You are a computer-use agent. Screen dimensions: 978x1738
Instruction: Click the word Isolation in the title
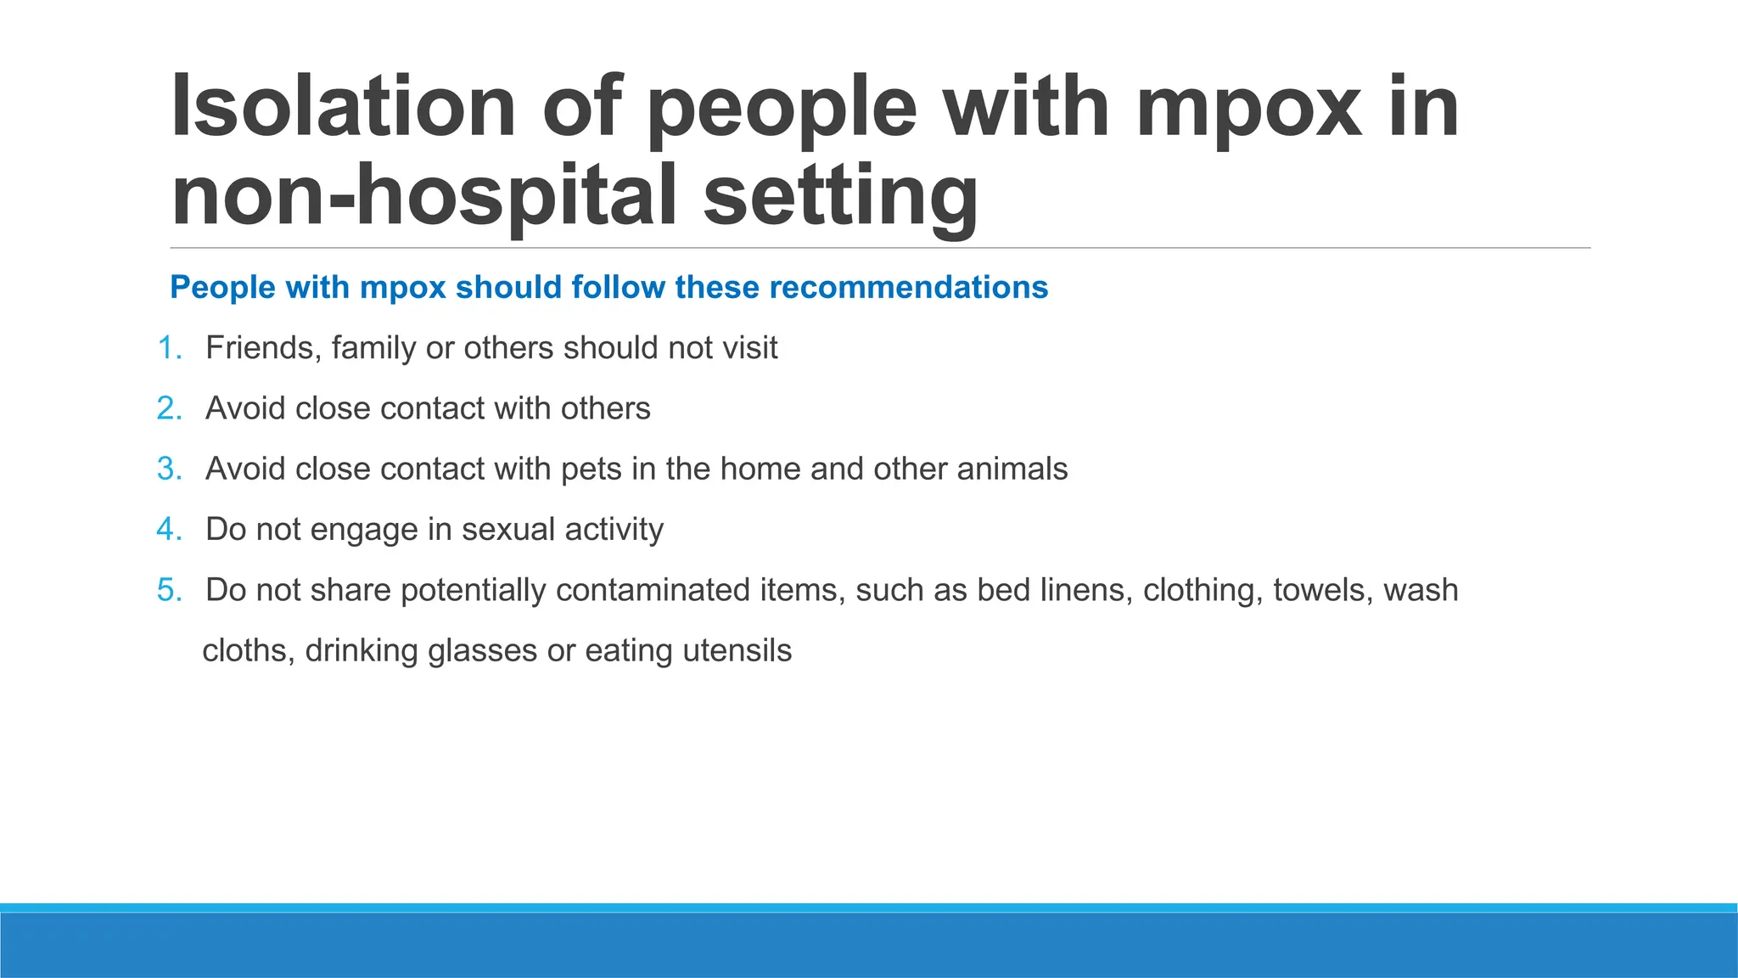click(x=343, y=107)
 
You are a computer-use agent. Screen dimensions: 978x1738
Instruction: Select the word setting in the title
click(x=840, y=197)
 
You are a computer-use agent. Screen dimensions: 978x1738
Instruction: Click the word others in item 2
click(x=605, y=408)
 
